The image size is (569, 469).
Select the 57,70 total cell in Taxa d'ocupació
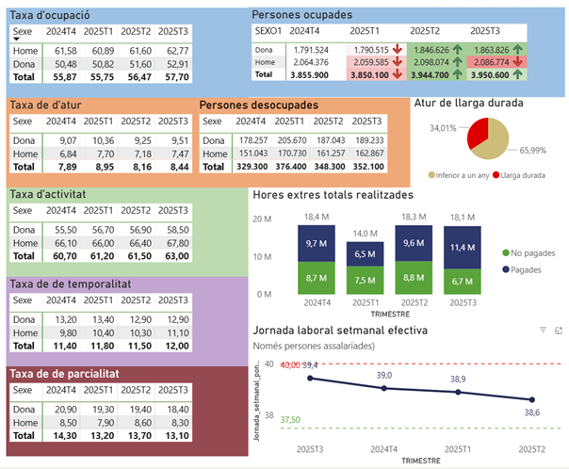(171, 76)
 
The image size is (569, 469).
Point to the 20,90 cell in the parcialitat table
(62, 410)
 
